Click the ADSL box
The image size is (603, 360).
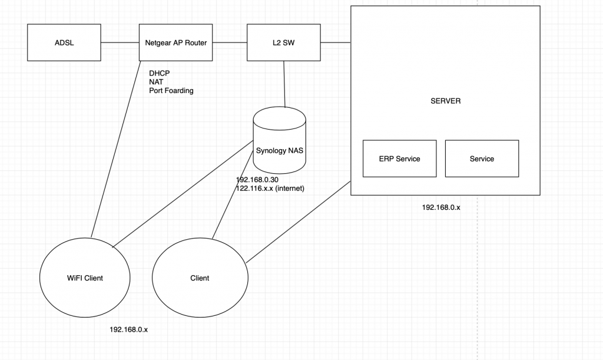pyautogui.click(x=65, y=42)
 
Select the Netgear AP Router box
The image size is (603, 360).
pyautogui.click(x=175, y=42)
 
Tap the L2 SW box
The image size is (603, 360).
pyautogui.click(x=284, y=42)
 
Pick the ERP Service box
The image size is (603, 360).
pyautogui.click(x=399, y=158)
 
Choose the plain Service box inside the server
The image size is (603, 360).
pyautogui.click(x=482, y=158)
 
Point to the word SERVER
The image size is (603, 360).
pyautogui.click(x=445, y=101)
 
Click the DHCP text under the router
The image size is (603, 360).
pyautogui.click(x=160, y=72)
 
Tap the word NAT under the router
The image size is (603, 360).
pyautogui.click(x=157, y=82)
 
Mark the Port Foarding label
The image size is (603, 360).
pyautogui.click(x=171, y=91)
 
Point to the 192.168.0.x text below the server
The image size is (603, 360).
pyautogui.click(x=441, y=207)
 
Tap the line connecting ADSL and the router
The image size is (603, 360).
pyautogui.click(x=120, y=42)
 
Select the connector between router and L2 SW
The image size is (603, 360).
pyautogui.click(x=229, y=42)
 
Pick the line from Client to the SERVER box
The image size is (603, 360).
pyautogui.click(x=297, y=222)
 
